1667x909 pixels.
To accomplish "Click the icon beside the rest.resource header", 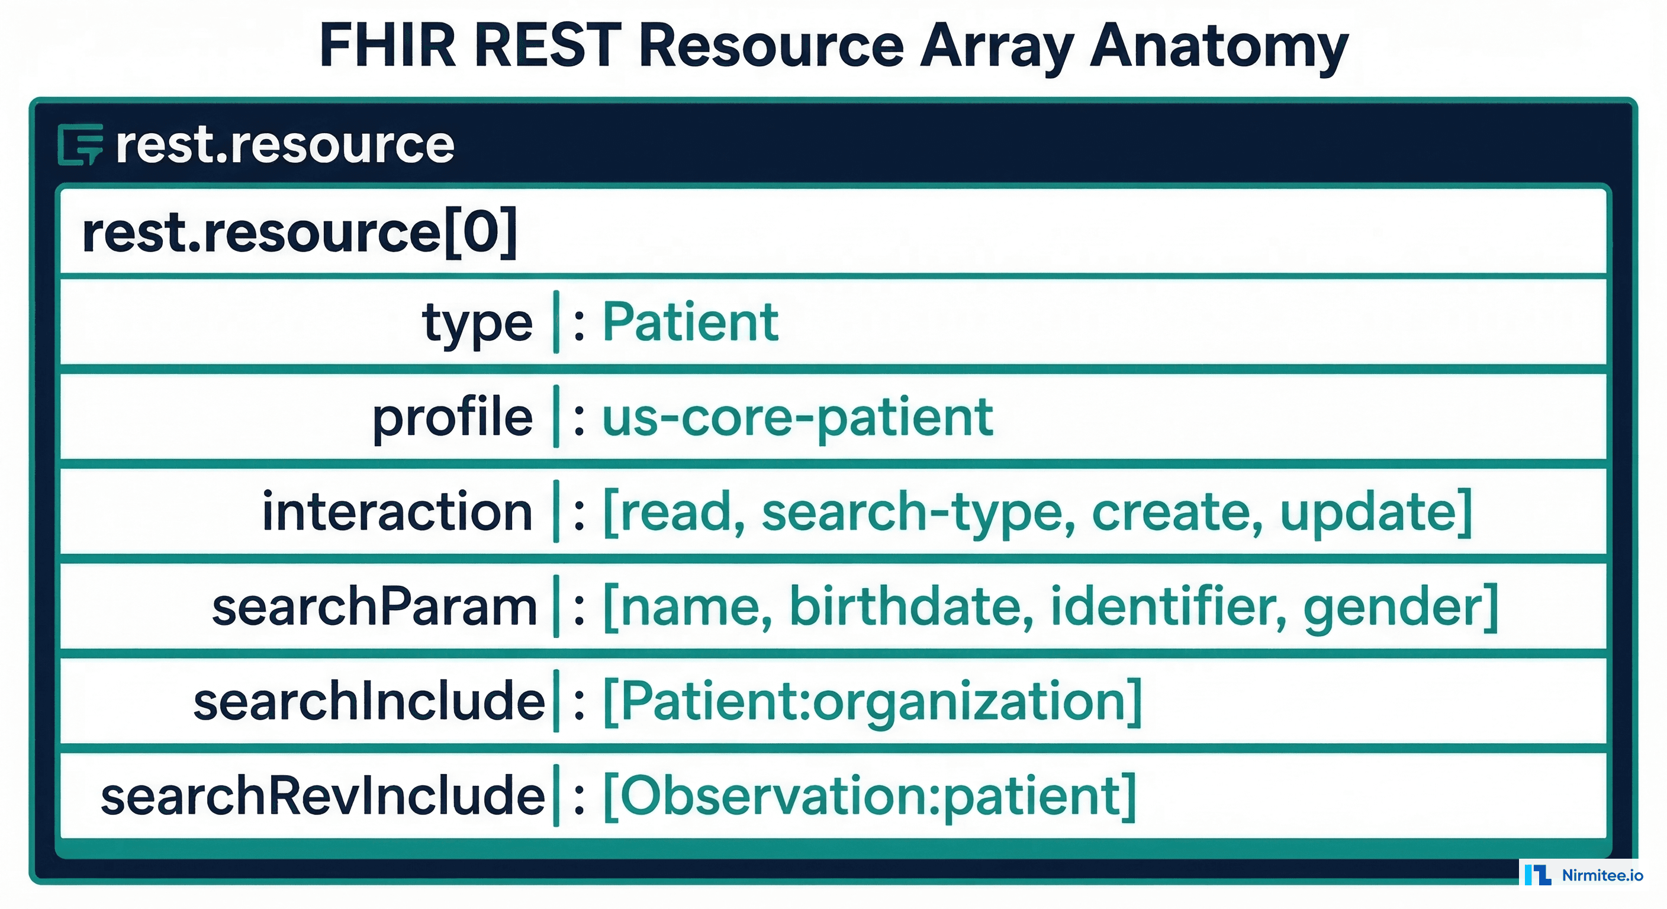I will point(81,144).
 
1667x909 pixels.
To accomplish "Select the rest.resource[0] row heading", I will point(300,232).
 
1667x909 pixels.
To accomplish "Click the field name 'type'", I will point(478,322).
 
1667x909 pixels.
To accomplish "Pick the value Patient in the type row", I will point(690,321).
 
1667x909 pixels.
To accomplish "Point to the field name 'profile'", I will point(452,417).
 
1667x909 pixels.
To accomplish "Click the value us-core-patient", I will point(797,417).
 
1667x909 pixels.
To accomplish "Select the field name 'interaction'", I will point(397,512).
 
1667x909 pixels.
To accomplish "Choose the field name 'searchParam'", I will point(375,607).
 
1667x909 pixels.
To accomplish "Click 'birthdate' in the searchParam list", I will point(911,606).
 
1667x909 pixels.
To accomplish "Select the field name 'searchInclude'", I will point(369,701).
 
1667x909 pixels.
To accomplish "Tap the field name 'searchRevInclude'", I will point(323,796).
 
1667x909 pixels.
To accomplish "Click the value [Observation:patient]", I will point(869,796).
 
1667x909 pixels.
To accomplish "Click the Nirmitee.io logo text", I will point(1602,875).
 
